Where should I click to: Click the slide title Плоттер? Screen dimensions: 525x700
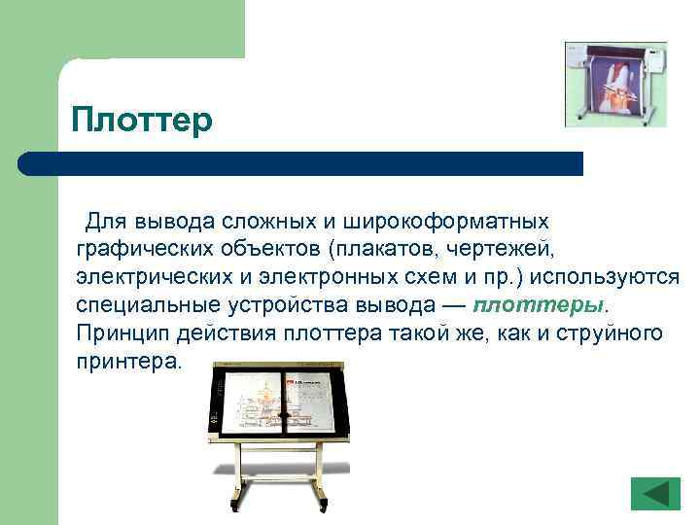click(141, 121)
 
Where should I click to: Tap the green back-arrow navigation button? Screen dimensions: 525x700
click(655, 493)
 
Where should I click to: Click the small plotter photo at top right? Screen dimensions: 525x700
click(615, 84)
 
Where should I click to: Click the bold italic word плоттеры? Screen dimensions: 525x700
click(539, 305)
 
